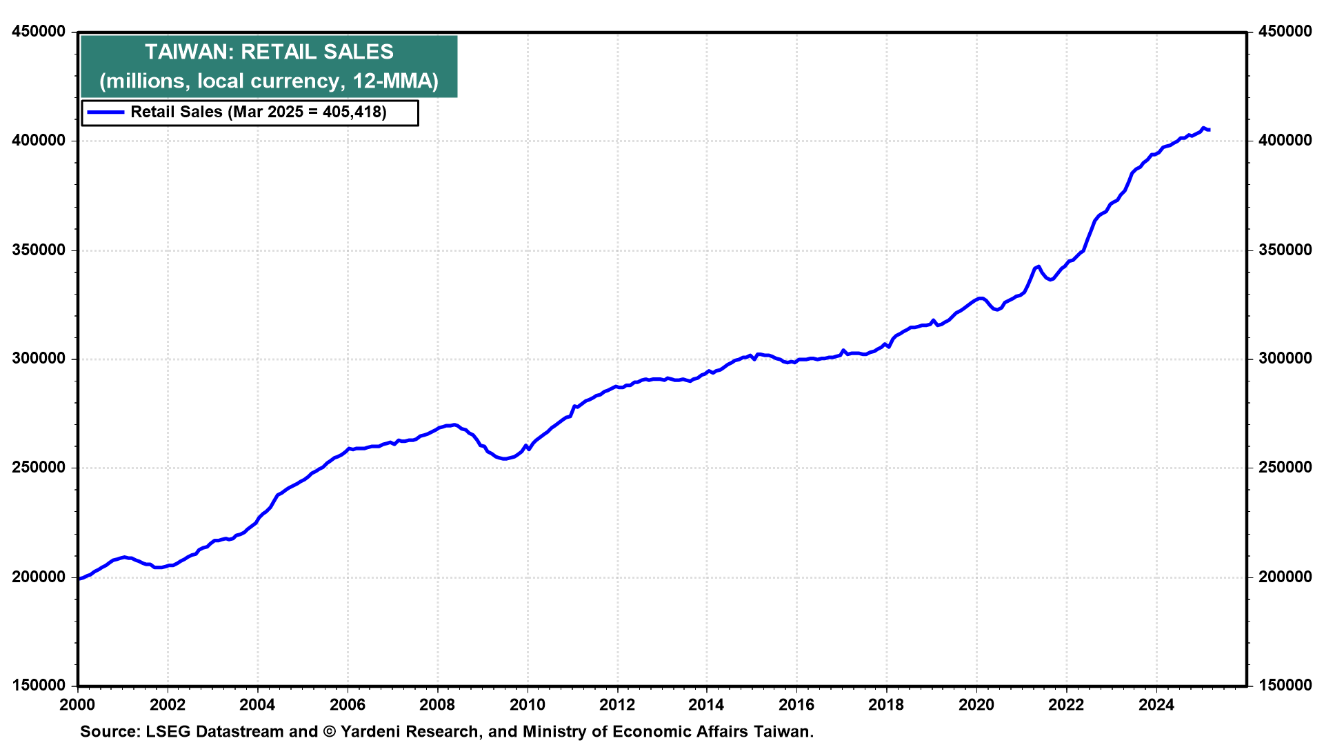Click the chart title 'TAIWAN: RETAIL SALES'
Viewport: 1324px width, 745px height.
(x=269, y=52)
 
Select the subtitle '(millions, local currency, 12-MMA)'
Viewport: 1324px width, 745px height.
(x=269, y=81)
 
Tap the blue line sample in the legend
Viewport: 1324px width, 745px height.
(x=106, y=112)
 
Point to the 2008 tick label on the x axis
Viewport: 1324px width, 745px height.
(x=437, y=705)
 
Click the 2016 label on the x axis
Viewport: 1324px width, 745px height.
(x=796, y=705)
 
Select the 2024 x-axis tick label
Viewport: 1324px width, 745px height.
(x=1156, y=705)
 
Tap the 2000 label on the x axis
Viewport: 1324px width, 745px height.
(x=77, y=705)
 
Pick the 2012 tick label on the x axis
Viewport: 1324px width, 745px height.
(x=617, y=705)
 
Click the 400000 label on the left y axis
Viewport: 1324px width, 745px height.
(x=39, y=141)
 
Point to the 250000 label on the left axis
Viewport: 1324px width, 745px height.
(x=39, y=468)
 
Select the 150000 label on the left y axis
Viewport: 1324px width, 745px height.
(x=39, y=686)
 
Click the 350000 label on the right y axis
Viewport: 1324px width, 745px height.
(x=1285, y=250)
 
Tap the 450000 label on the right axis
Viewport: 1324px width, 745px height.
(x=1285, y=32)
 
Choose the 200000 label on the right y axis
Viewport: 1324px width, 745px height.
(x=1285, y=577)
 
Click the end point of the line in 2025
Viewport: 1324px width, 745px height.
(x=1210, y=130)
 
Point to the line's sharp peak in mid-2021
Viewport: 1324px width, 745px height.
(x=1039, y=266)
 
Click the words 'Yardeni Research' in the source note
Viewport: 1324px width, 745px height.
(x=410, y=732)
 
